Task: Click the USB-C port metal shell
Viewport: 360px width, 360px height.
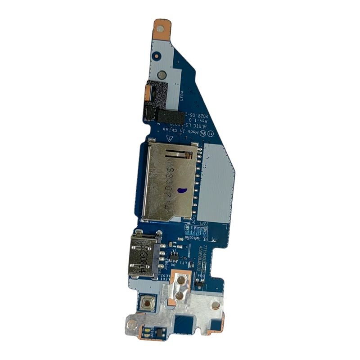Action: click(144, 254)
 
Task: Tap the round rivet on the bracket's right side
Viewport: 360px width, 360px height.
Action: click(216, 306)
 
